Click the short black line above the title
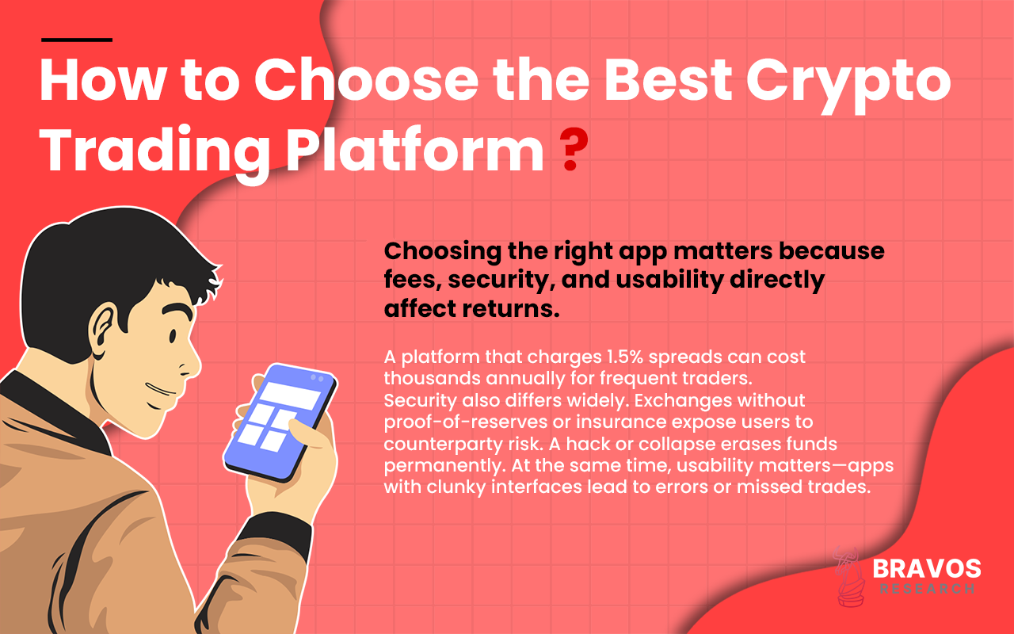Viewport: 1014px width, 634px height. click(x=76, y=39)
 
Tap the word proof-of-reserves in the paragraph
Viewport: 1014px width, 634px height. click(x=448, y=420)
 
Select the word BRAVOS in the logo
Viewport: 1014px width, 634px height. click(x=926, y=568)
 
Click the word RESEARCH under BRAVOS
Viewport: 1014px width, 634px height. click(x=926, y=589)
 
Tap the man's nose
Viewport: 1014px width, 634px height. click(x=190, y=361)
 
